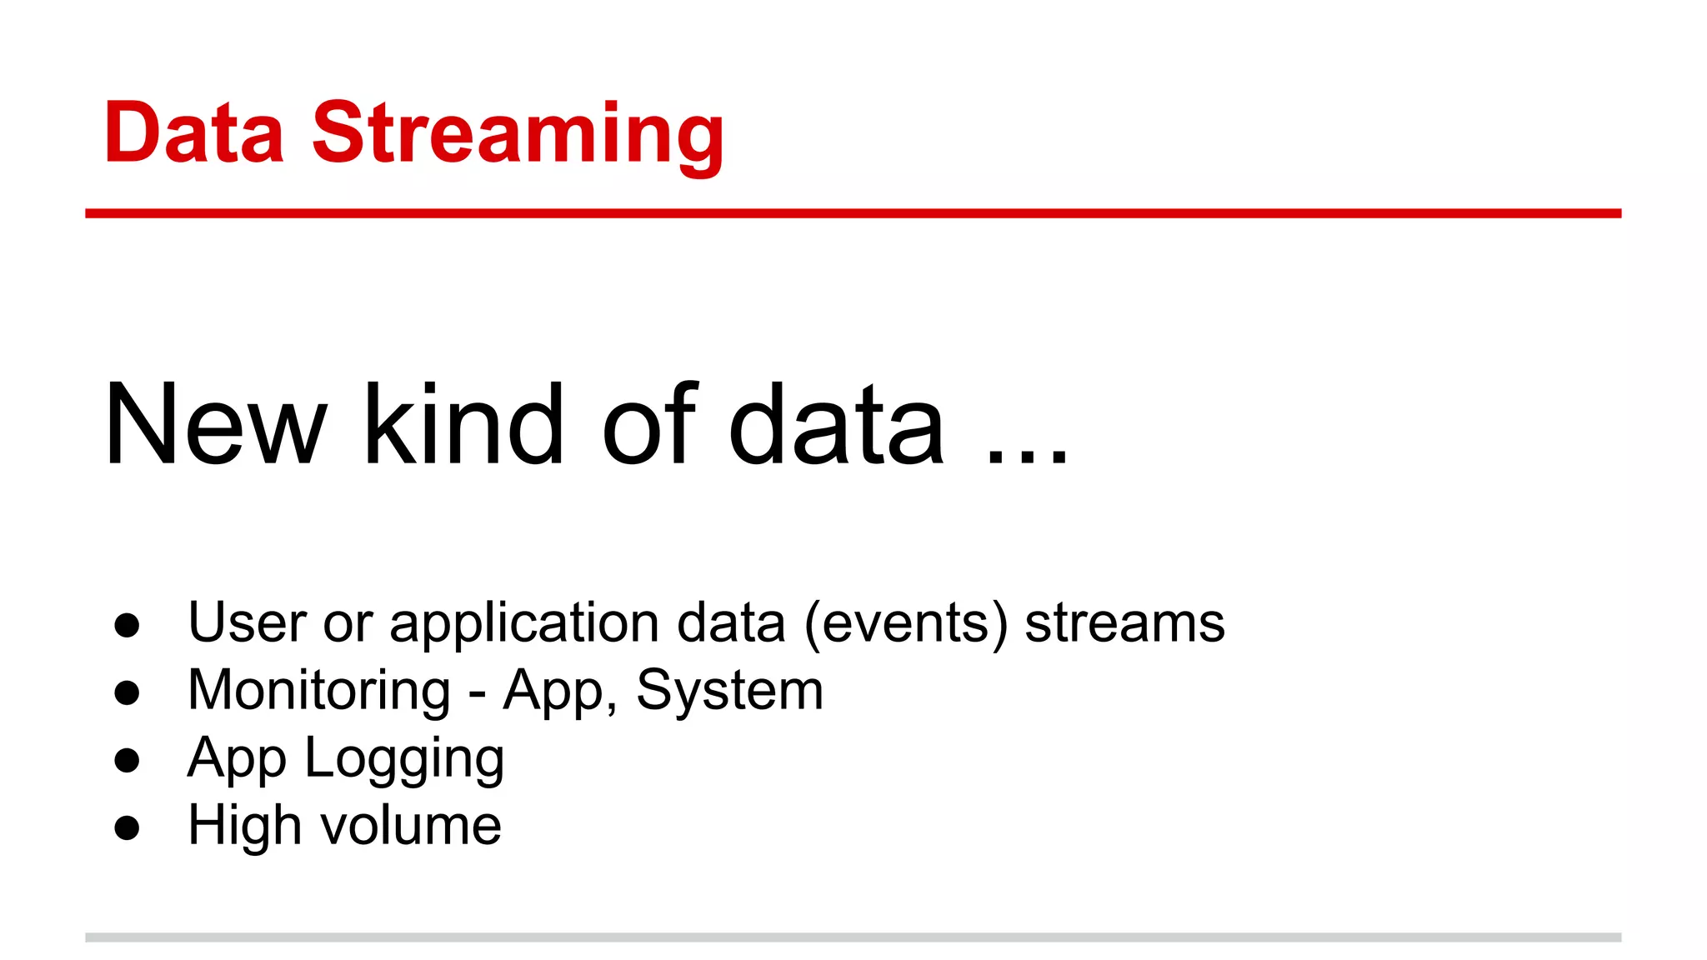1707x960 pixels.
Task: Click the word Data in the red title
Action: (193, 132)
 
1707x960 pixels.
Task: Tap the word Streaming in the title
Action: (518, 136)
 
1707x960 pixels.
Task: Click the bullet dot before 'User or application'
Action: (127, 625)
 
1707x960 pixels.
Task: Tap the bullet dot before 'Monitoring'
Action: (127, 692)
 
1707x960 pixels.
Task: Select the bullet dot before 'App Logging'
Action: (127, 760)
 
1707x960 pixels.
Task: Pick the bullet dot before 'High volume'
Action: (127, 827)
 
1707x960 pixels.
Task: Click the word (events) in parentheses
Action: (906, 623)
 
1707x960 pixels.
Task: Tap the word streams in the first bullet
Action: (1124, 623)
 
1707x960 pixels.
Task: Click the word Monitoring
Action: (319, 691)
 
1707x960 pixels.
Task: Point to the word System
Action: (729, 692)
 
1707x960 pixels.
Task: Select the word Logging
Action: (404, 760)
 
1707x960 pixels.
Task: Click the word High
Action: (243, 826)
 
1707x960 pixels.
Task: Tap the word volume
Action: (412, 826)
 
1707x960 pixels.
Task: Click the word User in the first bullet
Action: (248, 623)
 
